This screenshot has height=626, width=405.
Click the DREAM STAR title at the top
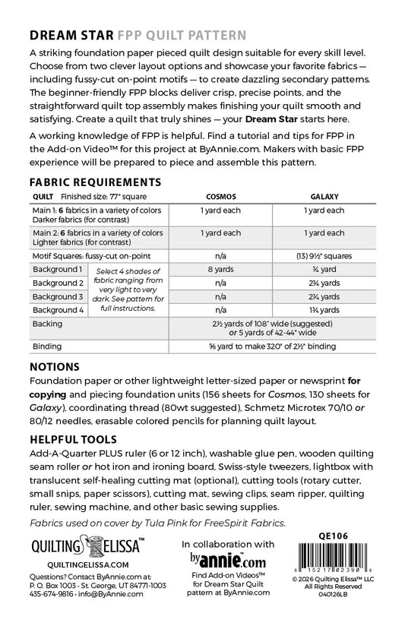(x=69, y=35)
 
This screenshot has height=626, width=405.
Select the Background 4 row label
(x=57, y=310)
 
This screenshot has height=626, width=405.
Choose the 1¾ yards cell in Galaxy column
(x=323, y=310)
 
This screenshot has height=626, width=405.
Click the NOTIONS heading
(x=57, y=365)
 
